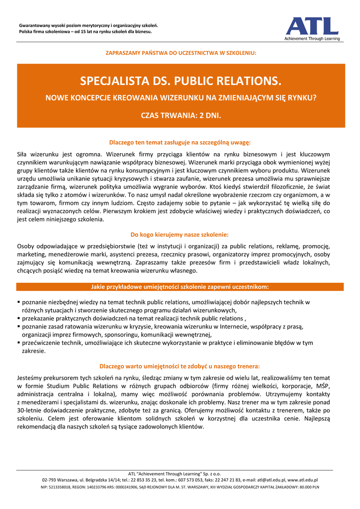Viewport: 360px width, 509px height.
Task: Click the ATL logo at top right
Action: [312, 26]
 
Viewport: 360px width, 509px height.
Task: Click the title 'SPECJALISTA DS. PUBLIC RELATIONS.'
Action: [180, 81]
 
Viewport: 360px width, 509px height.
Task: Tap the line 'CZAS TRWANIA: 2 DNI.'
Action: [180, 115]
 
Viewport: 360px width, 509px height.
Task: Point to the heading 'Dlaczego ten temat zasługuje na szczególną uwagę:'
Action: [180, 142]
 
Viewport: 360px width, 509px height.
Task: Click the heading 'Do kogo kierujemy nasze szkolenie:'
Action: [180, 234]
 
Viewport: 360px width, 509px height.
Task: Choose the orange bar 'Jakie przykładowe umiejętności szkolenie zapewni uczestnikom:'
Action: [180, 287]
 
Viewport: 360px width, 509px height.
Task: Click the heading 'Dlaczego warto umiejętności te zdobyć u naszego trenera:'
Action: [180, 366]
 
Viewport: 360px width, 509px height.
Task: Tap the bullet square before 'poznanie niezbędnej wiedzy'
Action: [19, 302]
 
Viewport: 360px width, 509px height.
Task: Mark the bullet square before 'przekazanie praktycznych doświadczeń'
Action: [19, 319]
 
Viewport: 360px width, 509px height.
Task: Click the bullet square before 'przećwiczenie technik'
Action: [19, 342]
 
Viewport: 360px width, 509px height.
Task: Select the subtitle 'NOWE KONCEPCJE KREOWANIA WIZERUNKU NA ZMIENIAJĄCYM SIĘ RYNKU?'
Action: [180, 98]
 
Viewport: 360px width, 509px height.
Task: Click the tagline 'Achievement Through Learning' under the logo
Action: [312, 38]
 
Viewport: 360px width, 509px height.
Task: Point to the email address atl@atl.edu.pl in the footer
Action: [271, 480]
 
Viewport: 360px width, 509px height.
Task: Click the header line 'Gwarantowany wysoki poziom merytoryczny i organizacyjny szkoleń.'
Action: [89, 25]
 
